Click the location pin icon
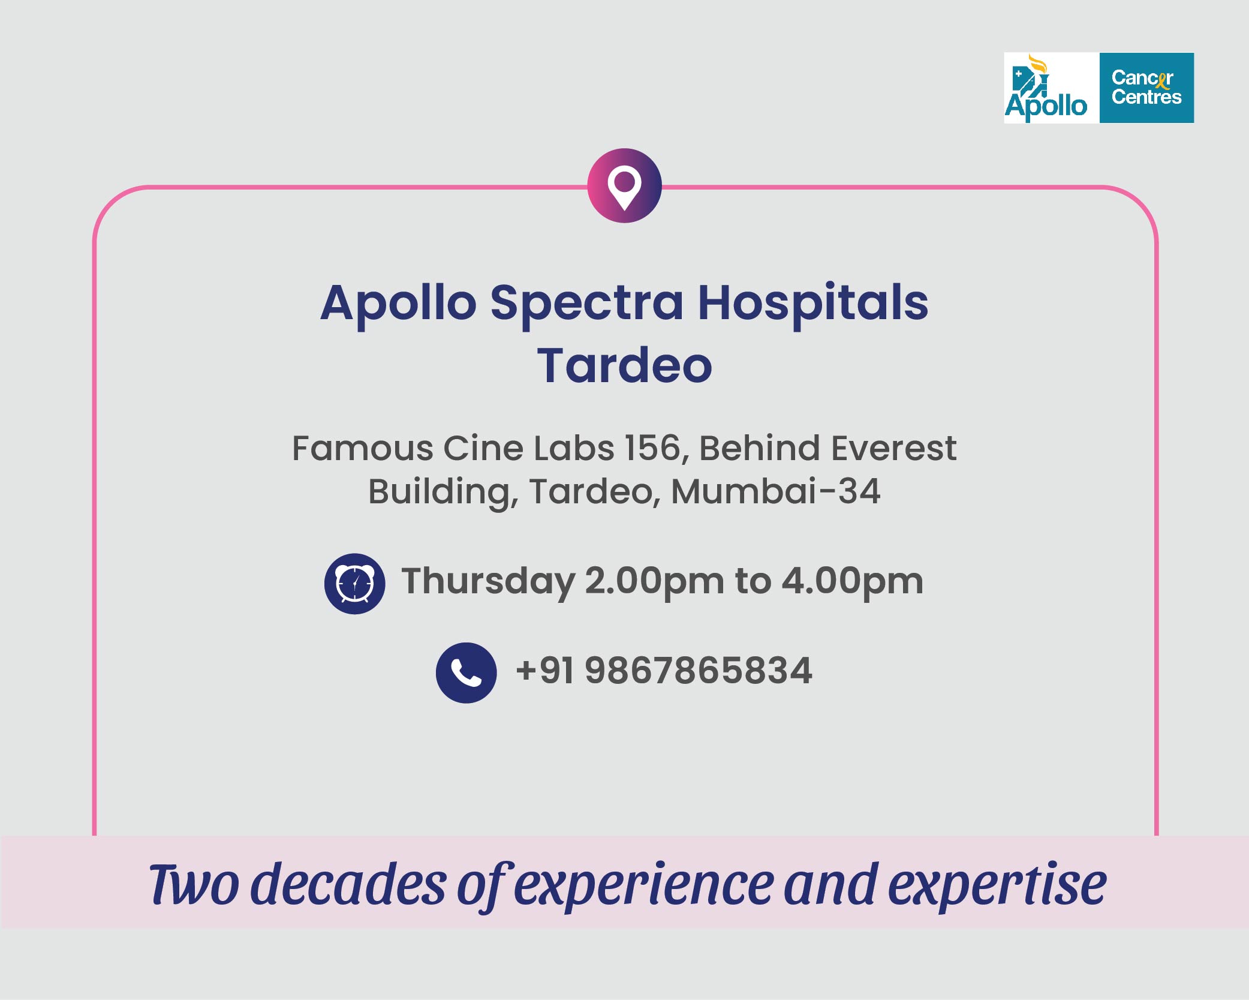(624, 186)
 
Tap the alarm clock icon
(355, 583)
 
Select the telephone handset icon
(466, 672)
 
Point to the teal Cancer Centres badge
(1146, 88)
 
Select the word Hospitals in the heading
(813, 304)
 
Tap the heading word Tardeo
(624, 365)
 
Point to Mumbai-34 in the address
(775, 491)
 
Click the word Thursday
(488, 582)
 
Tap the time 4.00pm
(852, 582)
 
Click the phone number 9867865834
(699, 670)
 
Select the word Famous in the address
(362, 448)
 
